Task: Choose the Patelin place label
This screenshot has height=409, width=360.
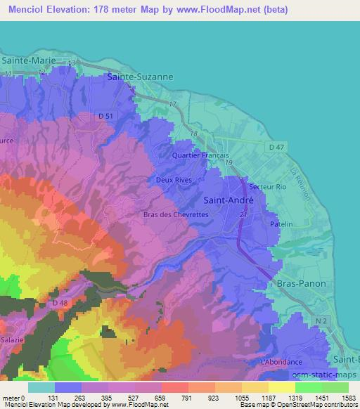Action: [x=281, y=223]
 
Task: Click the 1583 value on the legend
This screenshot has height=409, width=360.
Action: [x=347, y=398]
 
